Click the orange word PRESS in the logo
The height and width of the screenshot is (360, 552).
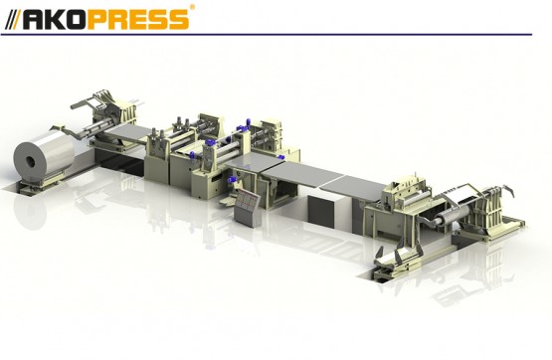point(142,20)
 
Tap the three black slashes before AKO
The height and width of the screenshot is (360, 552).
point(13,20)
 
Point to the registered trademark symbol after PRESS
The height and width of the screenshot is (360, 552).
point(192,7)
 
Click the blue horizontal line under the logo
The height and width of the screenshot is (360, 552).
point(267,35)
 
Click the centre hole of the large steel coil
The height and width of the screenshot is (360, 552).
point(30,162)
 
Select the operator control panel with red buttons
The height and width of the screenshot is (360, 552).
point(248,207)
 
